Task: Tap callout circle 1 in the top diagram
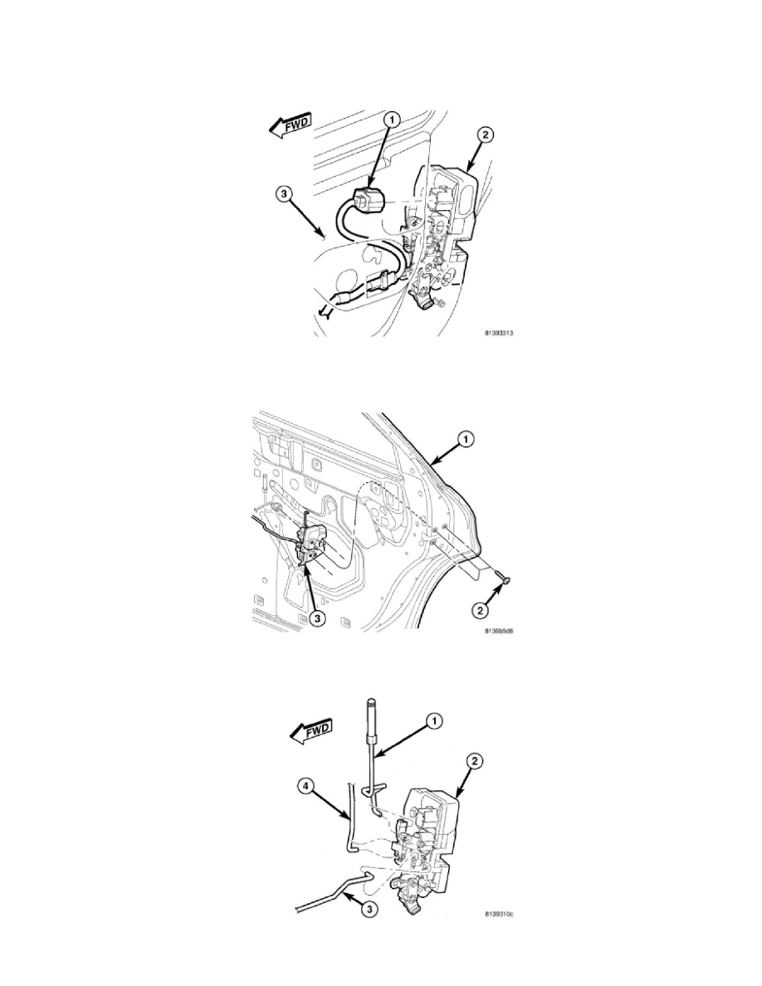click(391, 120)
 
